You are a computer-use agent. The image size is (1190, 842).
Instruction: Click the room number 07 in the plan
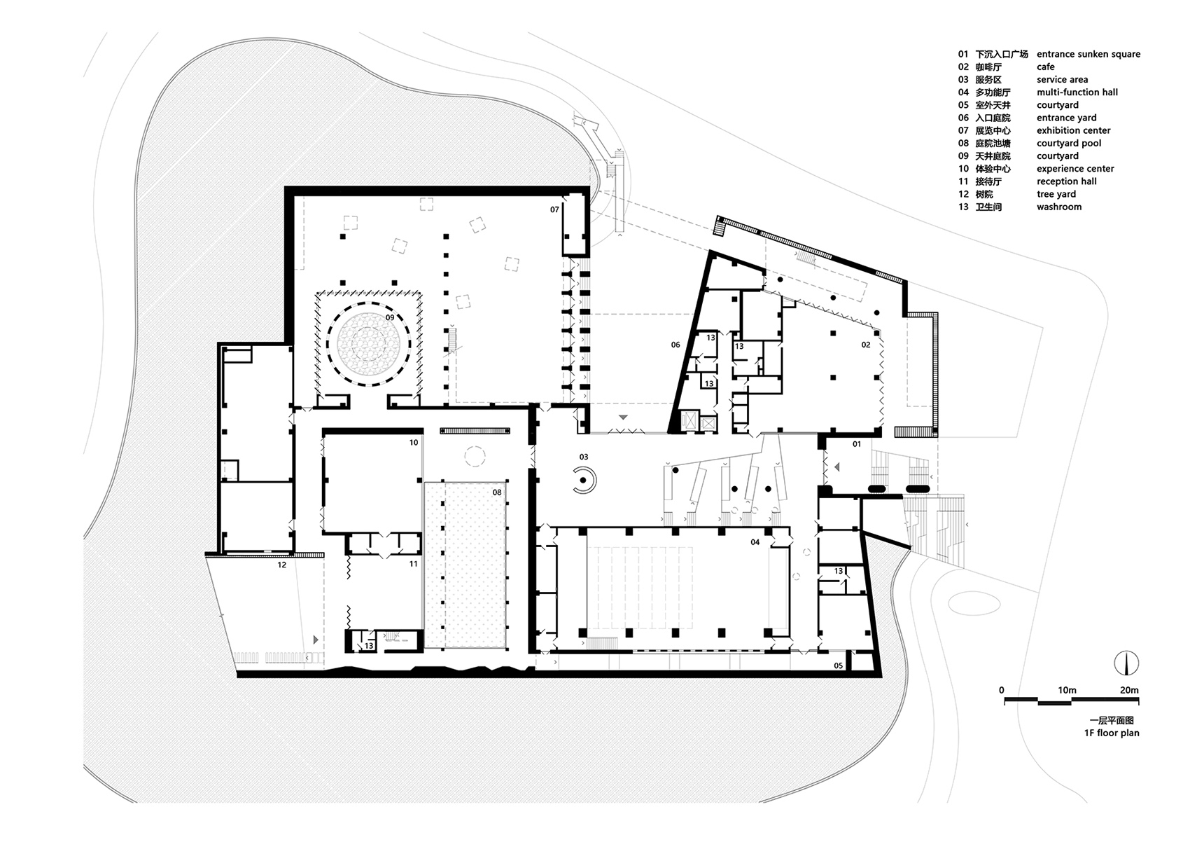(554, 209)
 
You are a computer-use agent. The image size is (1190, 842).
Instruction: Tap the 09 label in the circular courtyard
(390, 317)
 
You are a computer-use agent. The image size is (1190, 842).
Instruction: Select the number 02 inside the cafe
(866, 345)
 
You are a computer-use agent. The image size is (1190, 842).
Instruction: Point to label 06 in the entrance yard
(675, 345)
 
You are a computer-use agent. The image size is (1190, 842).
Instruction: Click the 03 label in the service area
(583, 457)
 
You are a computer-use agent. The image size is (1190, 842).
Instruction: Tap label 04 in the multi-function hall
(755, 542)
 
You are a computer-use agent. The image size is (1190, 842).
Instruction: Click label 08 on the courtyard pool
(497, 492)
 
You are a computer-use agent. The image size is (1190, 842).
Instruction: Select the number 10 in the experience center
(414, 443)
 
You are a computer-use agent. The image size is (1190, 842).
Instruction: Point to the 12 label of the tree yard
(281, 565)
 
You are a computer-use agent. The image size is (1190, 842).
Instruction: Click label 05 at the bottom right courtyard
(839, 665)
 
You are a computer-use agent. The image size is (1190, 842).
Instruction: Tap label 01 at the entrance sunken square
(857, 444)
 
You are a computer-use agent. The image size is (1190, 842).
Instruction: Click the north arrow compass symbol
(1126, 663)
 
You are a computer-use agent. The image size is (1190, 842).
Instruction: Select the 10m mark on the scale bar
(1067, 690)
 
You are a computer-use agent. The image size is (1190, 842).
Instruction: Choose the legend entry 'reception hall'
(1066, 181)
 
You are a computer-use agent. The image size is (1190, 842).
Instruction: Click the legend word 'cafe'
(1045, 67)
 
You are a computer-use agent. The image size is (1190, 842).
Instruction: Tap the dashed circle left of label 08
(475, 457)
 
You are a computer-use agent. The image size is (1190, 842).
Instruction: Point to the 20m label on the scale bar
(1129, 690)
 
